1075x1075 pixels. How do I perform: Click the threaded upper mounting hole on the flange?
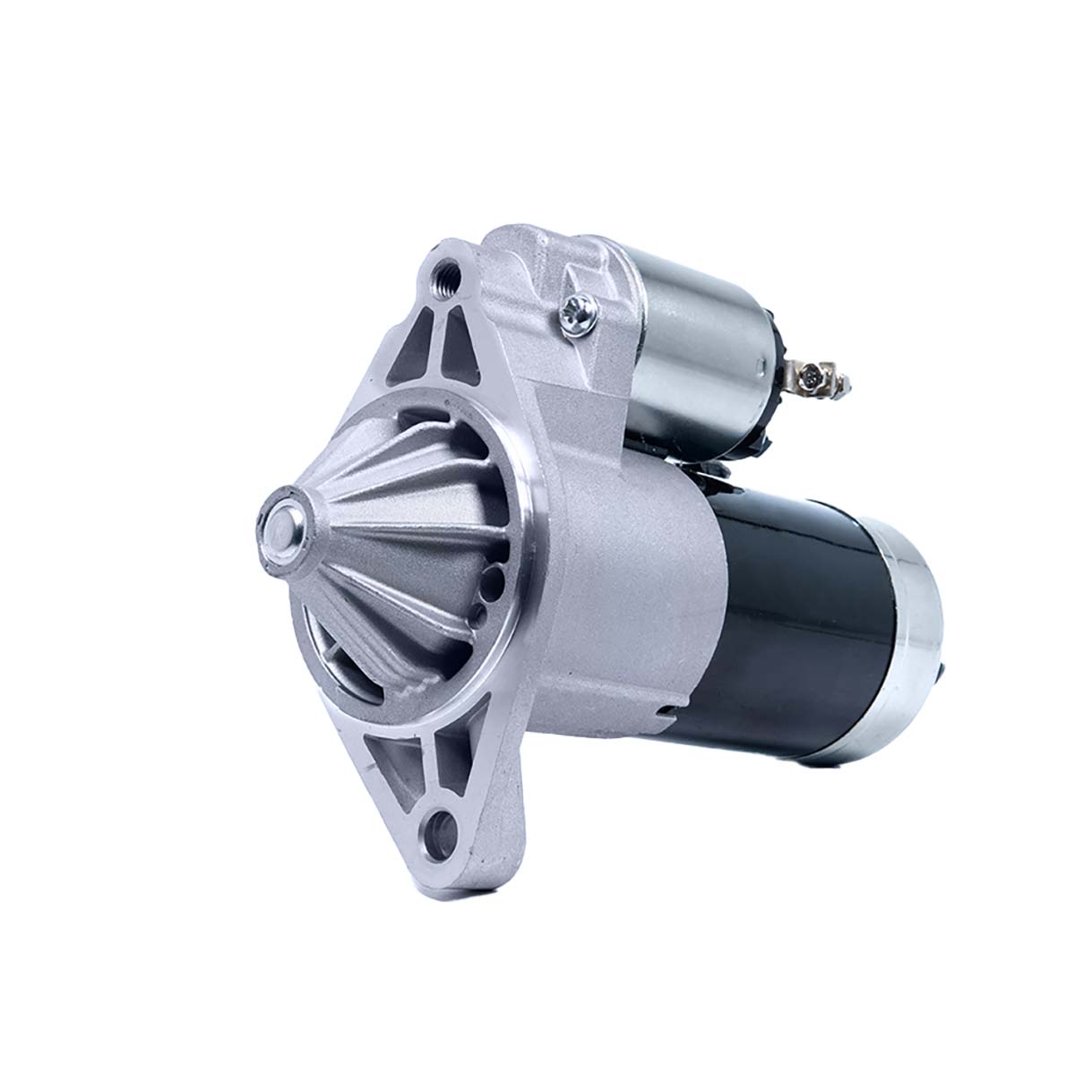443,272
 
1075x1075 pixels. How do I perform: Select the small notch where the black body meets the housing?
665,711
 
